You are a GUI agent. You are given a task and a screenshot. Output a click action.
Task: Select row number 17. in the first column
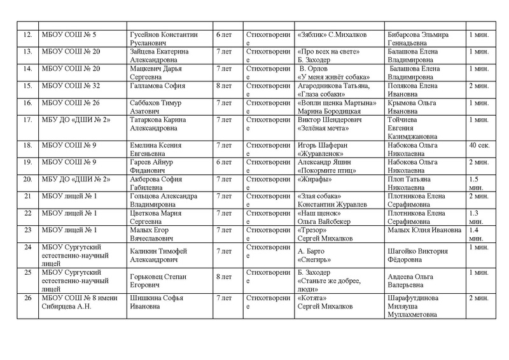(x=27, y=119)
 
